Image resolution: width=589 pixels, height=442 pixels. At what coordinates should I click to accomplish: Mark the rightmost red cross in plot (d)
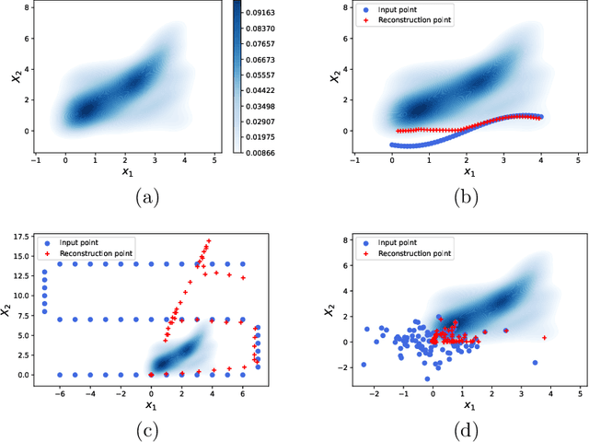[x=545, y=337]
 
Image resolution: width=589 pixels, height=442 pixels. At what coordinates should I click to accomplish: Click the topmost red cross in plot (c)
[x=209, y=241]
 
